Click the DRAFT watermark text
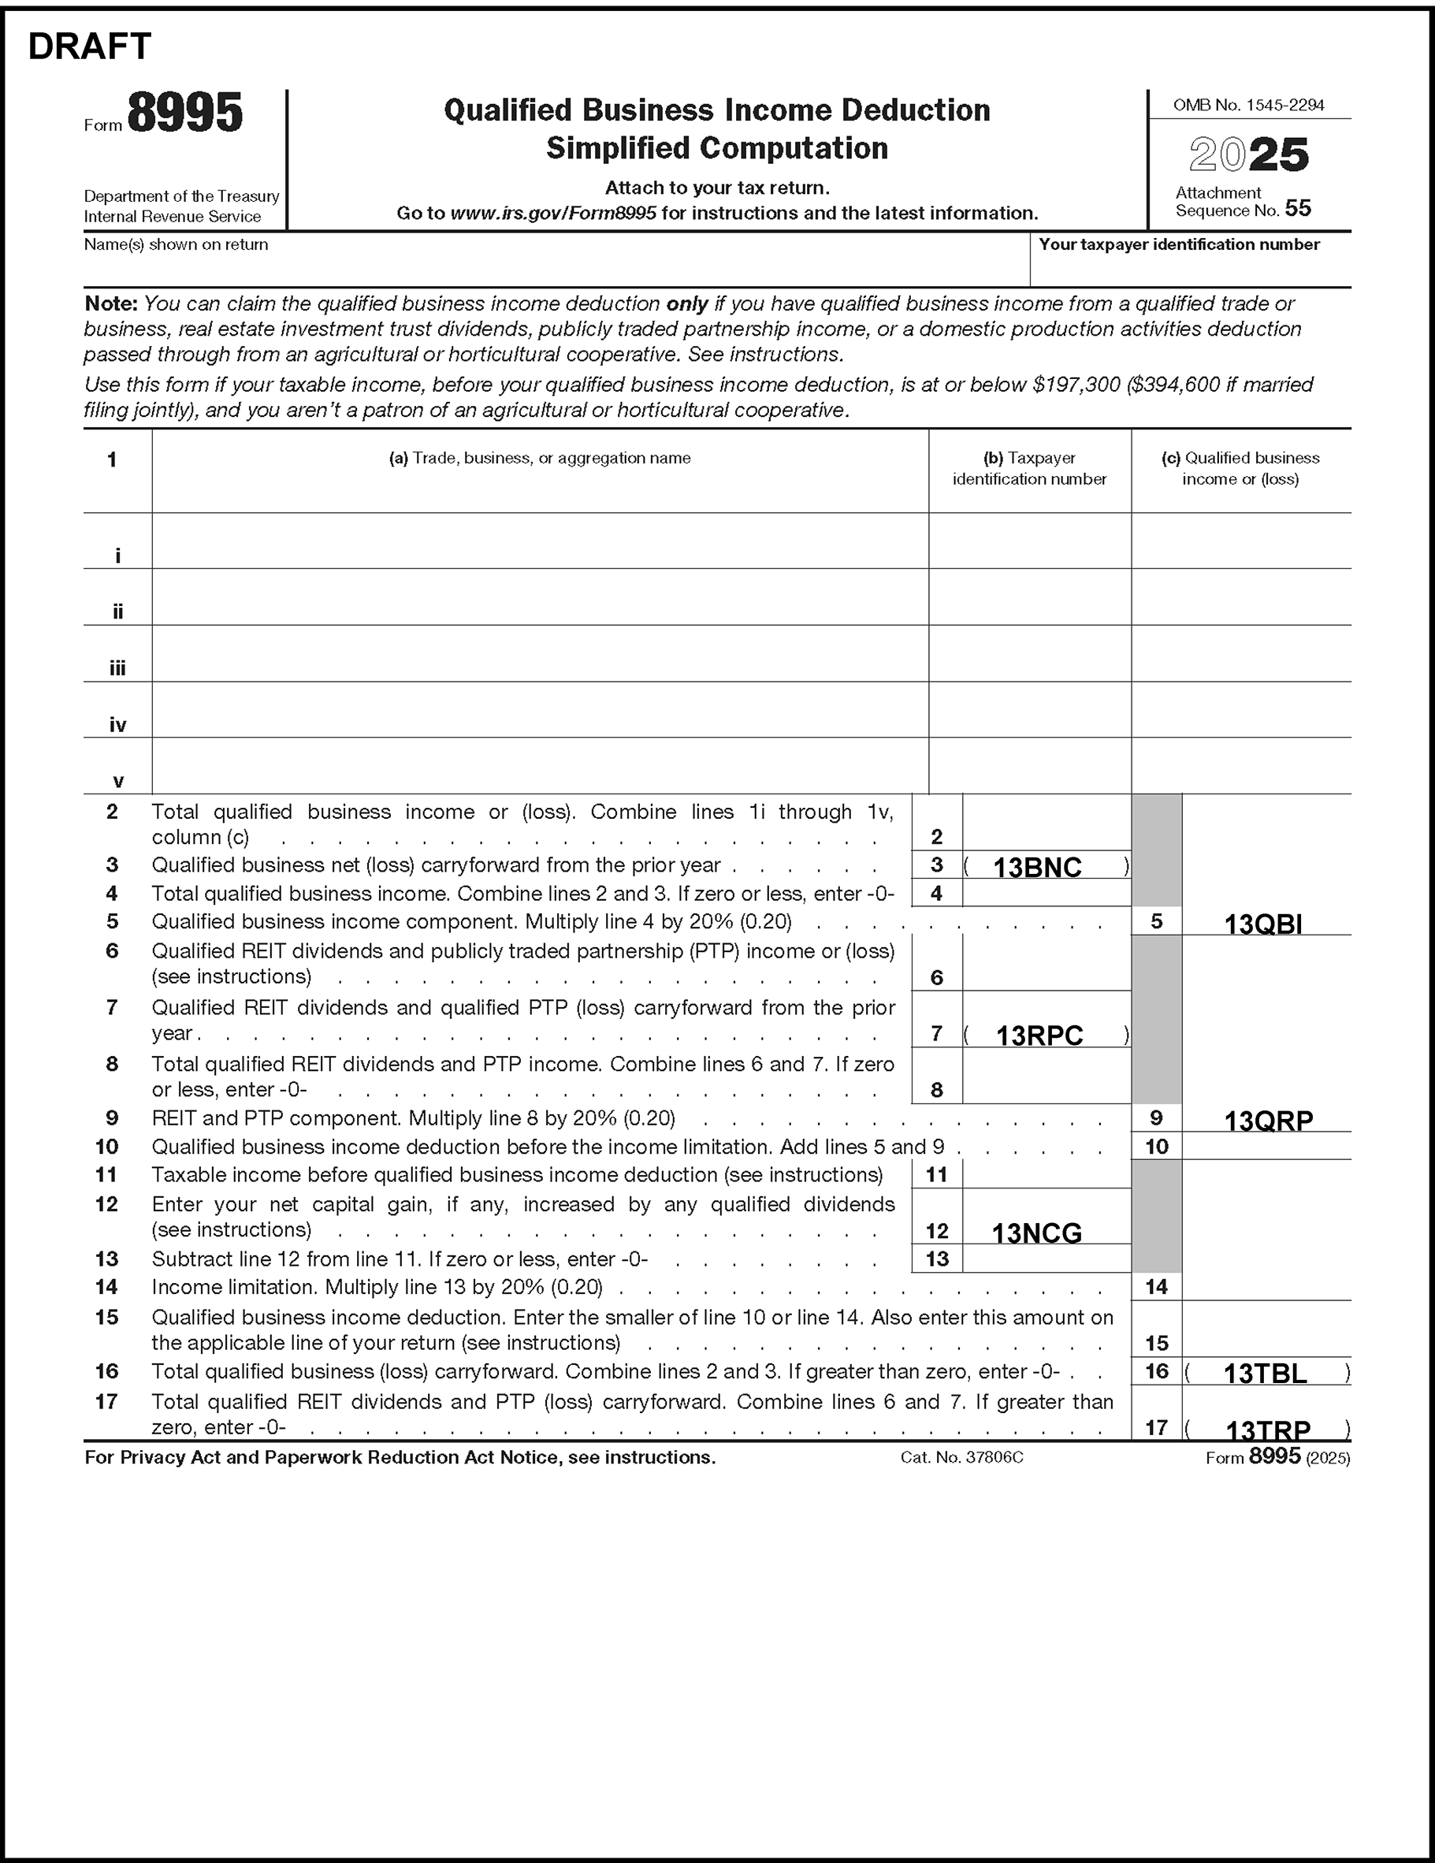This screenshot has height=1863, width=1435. tap(90, 46)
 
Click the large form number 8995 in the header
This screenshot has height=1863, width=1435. tap(185, 113)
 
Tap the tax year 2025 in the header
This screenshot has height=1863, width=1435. tap(1249, 155)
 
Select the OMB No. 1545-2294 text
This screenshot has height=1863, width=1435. tap(1248, 105)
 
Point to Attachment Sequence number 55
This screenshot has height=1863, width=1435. tap(1297, 208)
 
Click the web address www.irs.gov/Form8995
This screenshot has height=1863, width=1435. tap(553, 214)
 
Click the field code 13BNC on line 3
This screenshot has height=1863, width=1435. tap(1037, 868)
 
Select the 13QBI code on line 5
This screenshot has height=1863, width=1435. tap(1262, 924)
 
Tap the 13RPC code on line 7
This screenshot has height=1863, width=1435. tap(1039, 1036)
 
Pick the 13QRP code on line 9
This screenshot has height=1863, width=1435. tap(1269, 1121)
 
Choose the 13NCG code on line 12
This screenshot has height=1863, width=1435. tap(1036, 1233)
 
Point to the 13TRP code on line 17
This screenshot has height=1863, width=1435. tap(1268, 1429)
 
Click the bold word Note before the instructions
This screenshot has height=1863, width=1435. tap(111, 303)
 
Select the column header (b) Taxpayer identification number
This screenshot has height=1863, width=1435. tap(1029, 468)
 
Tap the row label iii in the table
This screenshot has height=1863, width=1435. tap(117, 669)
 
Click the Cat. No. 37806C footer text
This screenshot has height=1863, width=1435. tap(961, 1458)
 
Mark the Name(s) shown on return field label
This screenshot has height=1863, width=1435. tap(176, 245)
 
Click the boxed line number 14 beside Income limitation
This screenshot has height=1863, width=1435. tap(1156, 1286)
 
